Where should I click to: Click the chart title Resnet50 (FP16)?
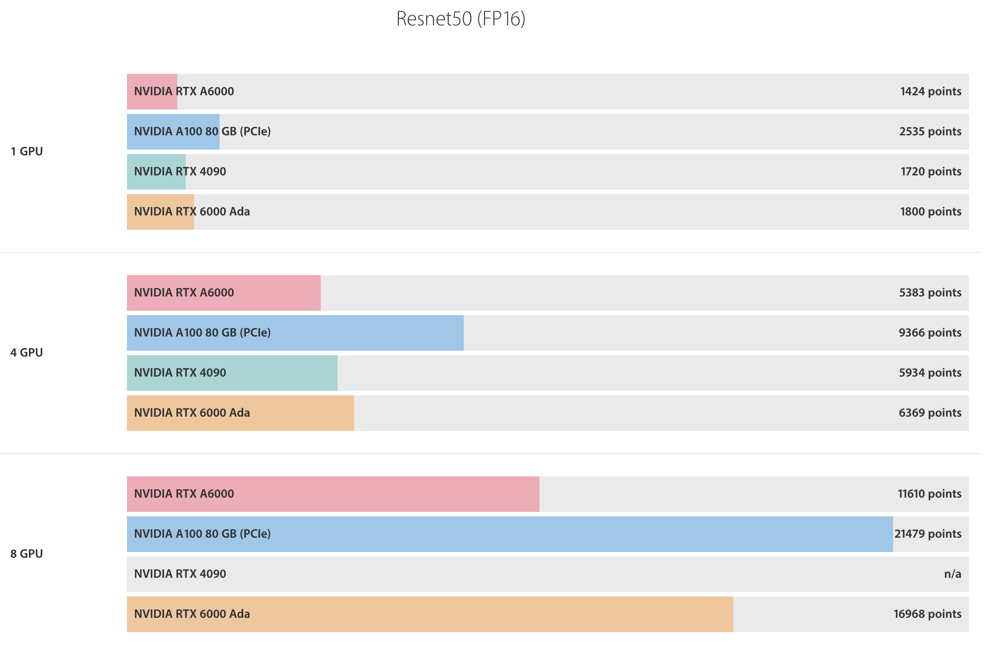(x=461, y=19)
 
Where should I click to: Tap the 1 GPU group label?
(x=27, y=151)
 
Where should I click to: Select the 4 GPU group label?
(x=27, y=353)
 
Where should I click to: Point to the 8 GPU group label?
(x=27, y=554)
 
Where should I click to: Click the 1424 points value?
(x=931, y=92)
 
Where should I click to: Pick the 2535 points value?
(x=930, y=132)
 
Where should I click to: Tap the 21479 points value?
(x=928, y=534)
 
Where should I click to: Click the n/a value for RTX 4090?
(x=952, y=574)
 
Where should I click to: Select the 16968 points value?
(x=927, y=614)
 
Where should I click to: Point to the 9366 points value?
(x=930, y=333)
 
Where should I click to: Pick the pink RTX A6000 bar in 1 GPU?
(x=152, y=92)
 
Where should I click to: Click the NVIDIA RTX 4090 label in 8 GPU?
(x=180, y=574)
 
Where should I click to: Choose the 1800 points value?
(x=931, y=212)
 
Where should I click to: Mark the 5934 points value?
(x=930, y=373)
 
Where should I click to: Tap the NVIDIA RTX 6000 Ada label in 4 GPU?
(x=192, y=413)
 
